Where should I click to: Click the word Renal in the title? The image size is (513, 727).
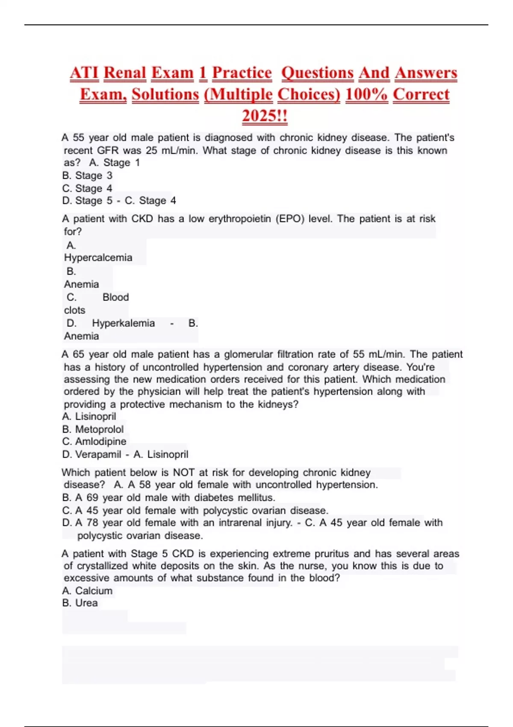pos(125,73)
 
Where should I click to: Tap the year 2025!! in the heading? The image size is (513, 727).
pos(265,115)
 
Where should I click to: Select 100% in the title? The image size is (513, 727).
pos(366,95)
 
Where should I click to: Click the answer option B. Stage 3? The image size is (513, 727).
pos(87,175)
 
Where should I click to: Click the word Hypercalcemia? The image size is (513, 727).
pos(98,257)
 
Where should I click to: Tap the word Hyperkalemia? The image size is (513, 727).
pos(123,323)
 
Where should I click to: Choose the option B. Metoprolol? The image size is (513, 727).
pos(93,429)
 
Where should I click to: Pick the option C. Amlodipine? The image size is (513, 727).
pos(94,441)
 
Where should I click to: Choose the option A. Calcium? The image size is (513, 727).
pos(87,591)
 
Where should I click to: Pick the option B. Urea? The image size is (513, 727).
pos(80,603)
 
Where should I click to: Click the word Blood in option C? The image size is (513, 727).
pos(115,297)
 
